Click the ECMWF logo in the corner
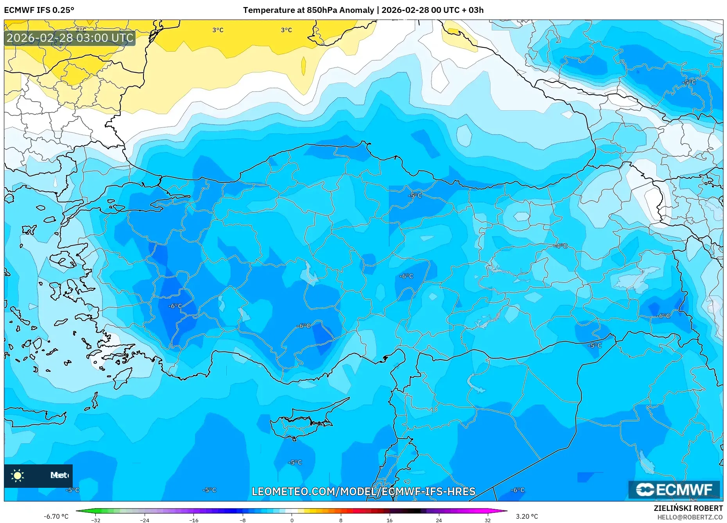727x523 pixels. pos(674,489)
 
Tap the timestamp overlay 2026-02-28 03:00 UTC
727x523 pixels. pos(70,38)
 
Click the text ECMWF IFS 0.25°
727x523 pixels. pos(39,10)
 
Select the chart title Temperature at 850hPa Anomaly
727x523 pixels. pos(308,10)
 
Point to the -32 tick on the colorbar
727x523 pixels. pos(96,520)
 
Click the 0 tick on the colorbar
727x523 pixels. pos(292,520)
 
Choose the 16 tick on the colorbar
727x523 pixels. pos(389,520)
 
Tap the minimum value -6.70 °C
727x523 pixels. pos(56,516)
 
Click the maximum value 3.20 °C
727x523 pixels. pos(526,516)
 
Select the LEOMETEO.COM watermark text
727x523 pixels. pos(363,491)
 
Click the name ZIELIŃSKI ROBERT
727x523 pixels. pos(688,508)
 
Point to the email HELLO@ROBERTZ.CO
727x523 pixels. pos(689,517)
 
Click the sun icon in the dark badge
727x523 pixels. pos(18,475)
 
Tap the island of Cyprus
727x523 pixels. pos(301,424)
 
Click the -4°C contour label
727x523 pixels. pos(561,246)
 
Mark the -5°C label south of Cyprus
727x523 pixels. pos(295,462)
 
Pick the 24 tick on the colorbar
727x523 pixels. pos(439,520)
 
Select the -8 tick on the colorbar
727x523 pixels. pos(243,520)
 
